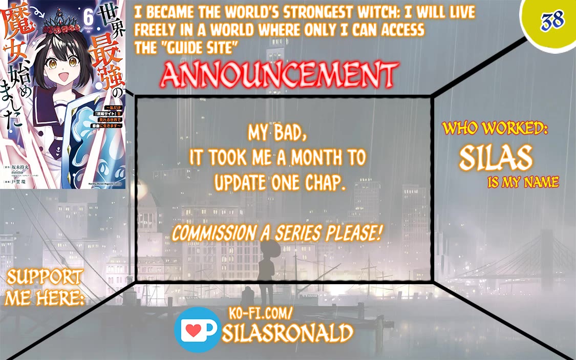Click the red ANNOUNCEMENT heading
point(279,75)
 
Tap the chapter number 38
point(552,20)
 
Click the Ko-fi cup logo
point(197,330)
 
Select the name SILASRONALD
point(288,333)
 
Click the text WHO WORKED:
point(495,129)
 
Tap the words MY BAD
point(278,133)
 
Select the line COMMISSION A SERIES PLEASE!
point(278,234)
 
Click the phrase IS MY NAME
point(523,182)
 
